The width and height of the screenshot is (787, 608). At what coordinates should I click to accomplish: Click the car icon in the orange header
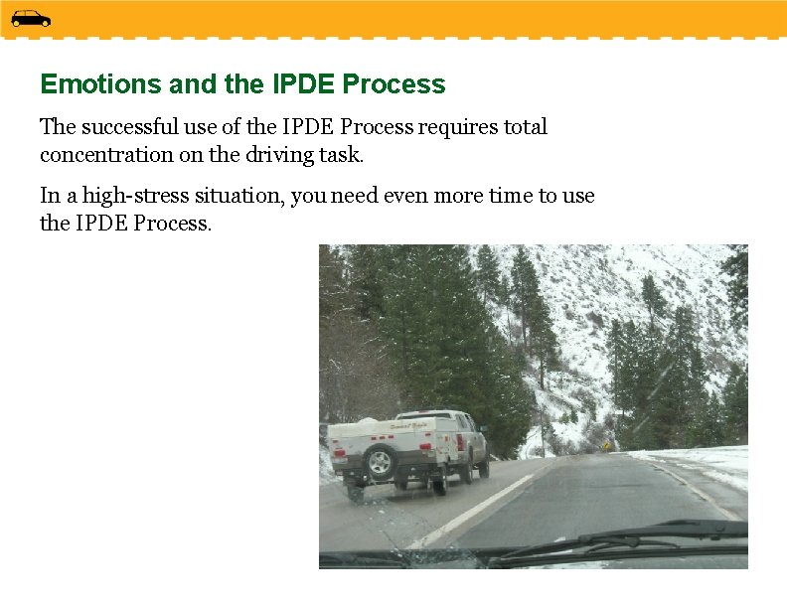[x=31, y=18]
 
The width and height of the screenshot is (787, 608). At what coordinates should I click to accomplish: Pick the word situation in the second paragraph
[x=242, y=196]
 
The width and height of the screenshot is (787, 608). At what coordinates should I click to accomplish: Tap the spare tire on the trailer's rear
[x=379, y=461]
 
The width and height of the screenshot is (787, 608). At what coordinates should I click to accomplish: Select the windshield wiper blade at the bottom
[x=616, y=541]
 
